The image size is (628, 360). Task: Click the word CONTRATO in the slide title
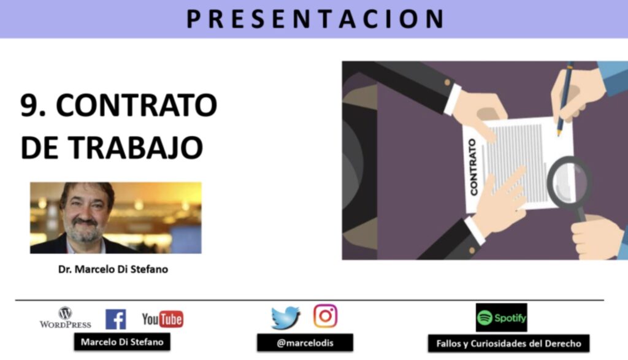point(137,105)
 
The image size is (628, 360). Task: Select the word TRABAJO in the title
point(136,147)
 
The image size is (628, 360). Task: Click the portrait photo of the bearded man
point(116,218)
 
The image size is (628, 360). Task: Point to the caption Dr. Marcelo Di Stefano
point(113,269)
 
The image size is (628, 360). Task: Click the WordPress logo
point(65,318)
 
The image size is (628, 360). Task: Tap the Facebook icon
point(116,319)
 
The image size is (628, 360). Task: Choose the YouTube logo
point(163,319)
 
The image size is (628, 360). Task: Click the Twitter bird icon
point(286,318)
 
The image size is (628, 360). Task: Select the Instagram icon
point(325,316)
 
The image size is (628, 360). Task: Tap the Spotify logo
point(502,318)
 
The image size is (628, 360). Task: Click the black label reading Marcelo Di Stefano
point(122,342)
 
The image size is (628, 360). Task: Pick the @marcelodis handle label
point(305,343)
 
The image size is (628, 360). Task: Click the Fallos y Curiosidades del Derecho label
point(508,343)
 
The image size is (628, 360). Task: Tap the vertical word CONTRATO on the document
point(473,167)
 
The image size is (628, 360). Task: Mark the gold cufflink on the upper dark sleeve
point(447,83)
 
